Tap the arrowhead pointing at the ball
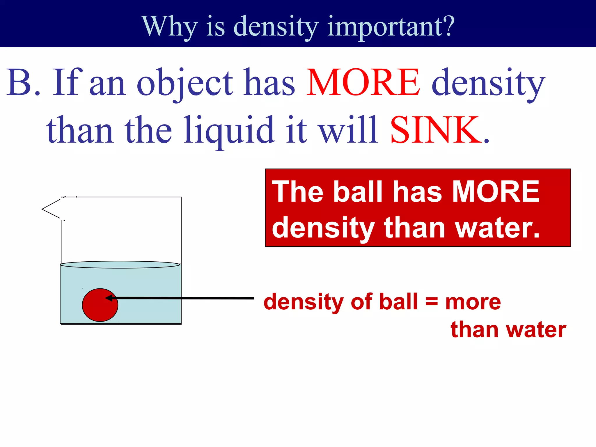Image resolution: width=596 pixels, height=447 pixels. (x=108, y=298)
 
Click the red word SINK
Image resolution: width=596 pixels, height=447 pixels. (x=435, y=130)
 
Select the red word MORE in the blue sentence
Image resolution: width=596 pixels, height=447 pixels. (x=363, y=82)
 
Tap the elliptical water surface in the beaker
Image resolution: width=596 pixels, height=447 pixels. (x=120, y=265)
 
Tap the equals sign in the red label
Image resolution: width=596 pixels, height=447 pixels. (x=431, y=301)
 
